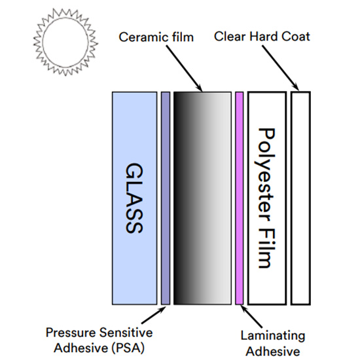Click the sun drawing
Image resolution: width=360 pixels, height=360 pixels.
[65, 42]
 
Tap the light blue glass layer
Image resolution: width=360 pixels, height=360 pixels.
[135, 198]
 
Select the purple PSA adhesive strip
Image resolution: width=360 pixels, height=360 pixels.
[166, 198]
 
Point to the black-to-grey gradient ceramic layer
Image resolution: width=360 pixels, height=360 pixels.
[202, 198]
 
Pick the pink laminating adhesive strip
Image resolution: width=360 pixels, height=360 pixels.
[239, 198]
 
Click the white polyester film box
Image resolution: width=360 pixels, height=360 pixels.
[267, 198]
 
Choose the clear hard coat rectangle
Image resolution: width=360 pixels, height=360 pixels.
[301, 198]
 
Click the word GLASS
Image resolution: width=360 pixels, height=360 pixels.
[135, 198]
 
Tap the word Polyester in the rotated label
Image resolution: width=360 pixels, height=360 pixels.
[266, 175]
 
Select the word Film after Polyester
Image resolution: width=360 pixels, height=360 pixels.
[267, 249]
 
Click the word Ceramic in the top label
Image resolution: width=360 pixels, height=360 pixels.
[141, 37]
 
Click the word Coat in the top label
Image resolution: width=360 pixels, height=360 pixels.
[296, 37]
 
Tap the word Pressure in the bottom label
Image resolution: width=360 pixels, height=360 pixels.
[71, 333]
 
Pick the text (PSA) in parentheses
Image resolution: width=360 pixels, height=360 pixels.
[128, 348]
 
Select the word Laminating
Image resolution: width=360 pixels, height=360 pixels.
[273, 336]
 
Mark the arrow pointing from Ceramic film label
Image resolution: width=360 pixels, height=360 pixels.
[184, 68]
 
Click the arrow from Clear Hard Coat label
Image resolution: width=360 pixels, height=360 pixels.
[281, 67]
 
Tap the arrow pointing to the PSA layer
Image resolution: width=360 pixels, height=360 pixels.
[154, 315]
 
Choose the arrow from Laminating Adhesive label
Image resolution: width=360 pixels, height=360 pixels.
[252, 317]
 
